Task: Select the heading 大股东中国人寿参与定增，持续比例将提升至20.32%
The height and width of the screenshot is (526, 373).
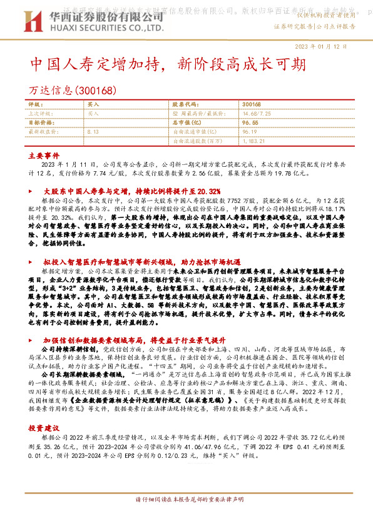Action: [x=131, y=190]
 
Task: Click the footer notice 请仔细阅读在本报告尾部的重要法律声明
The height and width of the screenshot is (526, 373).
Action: [x=186, y=517]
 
